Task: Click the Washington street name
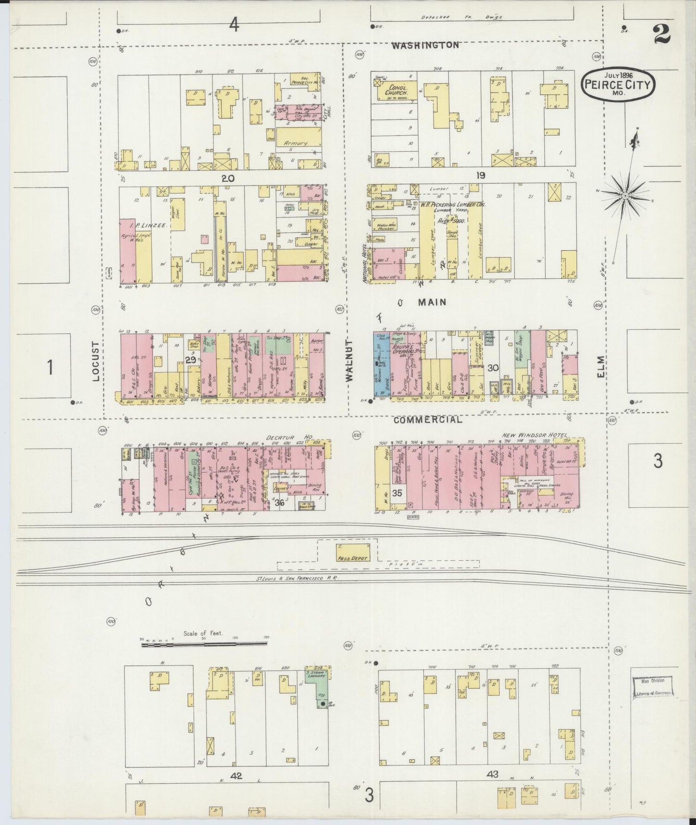pos(425,45)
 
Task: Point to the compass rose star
pos(625,195)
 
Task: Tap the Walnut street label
pos(349,360)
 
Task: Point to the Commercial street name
pos(427,420)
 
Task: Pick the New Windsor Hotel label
pos(532,435)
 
